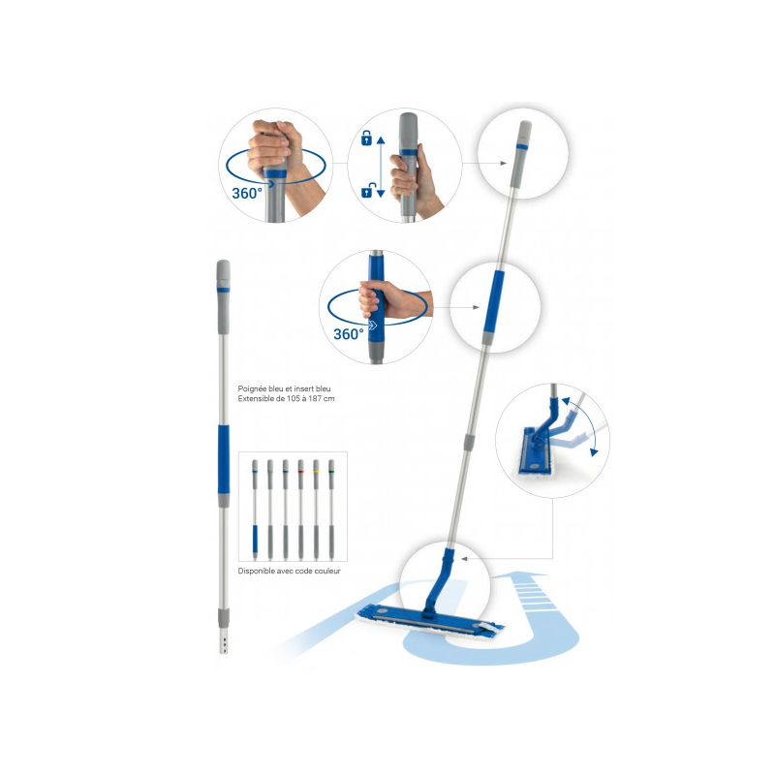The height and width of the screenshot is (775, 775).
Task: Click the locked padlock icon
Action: tap(366, 139)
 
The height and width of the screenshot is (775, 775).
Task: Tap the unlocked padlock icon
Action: tap(366, 192)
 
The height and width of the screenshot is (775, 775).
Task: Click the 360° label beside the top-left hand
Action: tap(247, 193)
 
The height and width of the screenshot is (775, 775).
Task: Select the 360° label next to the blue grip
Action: tap(348, 333)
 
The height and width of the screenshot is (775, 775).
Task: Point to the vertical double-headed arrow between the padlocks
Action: tap(380, 166)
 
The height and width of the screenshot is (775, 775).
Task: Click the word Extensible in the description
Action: tap(258, 399)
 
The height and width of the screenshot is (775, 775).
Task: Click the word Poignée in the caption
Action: tap(254, 388)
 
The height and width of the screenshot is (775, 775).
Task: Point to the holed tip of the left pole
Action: tap(224, 641)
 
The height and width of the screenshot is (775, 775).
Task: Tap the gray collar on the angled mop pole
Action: tap(469, 440)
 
